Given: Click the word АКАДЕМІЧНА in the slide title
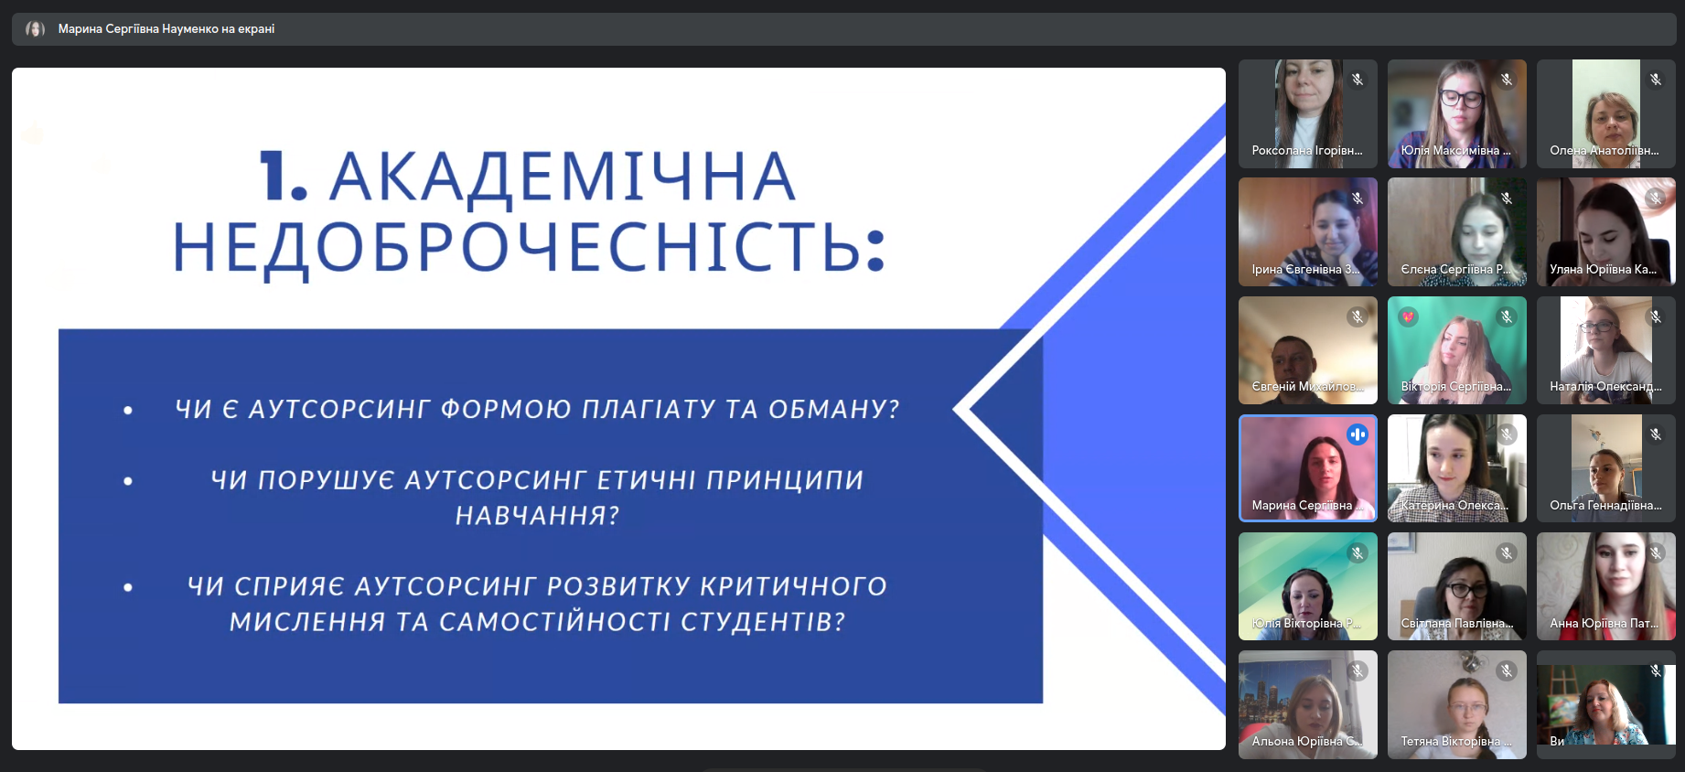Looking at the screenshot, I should (562, 177).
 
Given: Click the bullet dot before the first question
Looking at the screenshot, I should (128, 411).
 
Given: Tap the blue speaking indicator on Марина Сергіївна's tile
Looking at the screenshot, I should (1358, 434).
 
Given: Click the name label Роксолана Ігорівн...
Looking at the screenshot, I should (1306, 151).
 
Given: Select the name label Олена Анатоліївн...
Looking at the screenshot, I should (1604, 151).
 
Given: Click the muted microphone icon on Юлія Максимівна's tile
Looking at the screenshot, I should (1507, 80).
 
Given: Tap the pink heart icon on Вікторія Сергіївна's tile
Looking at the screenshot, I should (1408, 316).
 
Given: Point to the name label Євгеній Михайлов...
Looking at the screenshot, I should (1307, 387).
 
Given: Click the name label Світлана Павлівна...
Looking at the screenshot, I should (1456, 624).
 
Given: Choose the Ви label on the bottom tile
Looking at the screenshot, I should (1557, 741).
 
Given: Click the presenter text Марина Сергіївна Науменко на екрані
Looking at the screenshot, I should (166, 29).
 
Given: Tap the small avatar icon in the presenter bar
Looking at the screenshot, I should (35, 29).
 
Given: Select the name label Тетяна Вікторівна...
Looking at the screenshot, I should (1455, 742).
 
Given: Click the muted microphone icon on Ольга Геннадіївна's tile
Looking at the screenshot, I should (1656, 434).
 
